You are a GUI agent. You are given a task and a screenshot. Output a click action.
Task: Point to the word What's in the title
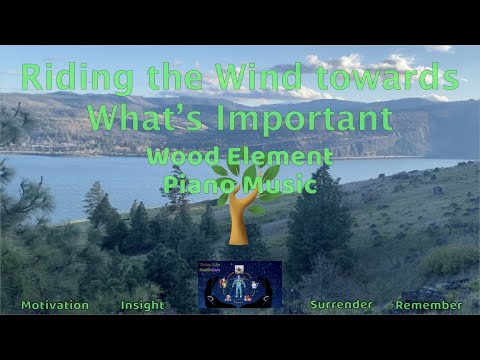pyautogui.click(x=141, y=119)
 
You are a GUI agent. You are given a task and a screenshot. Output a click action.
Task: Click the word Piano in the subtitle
pyautogui.click(x=196, y=184)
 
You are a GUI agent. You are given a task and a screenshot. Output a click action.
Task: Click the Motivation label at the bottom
pyautogui.click(x=55, y=305)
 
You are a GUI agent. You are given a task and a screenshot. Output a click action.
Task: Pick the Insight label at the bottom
pyautogui.click(x=142, y=305)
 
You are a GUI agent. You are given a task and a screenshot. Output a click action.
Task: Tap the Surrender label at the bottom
pyautogui.click(x=341, y=305)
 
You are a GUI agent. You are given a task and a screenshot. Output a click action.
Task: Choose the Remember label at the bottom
pyautogui.click(x=428, y=305)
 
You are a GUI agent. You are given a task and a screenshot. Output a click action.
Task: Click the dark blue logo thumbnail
pyautogui.click(x=240, y=286)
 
